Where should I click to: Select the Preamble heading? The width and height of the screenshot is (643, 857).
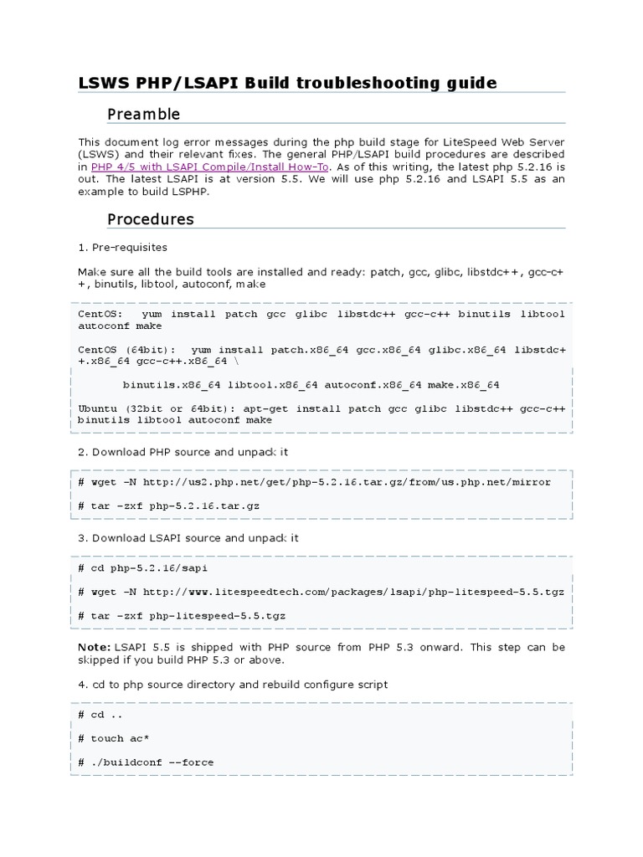click(x=143, y=114)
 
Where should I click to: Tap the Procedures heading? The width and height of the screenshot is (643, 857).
click(x=150, y=219)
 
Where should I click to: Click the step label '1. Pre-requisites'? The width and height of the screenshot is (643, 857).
click(x=122, y=248)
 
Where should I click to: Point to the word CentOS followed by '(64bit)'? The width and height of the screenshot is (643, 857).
click(x=97, y=350)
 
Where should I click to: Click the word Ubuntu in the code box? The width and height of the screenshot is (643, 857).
click(x=97, y=408)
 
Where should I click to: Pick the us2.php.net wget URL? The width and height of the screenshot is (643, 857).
click(x=347, y=482)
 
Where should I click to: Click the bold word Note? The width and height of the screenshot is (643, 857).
click(x=93, y=647)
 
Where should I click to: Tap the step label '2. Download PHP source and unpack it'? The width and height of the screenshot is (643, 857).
click(x=184, y=452)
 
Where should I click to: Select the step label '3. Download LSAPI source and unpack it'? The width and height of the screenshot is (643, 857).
click(x=188, y=538)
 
